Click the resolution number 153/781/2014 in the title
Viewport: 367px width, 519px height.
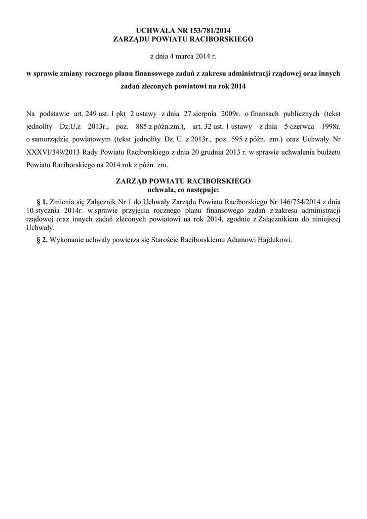point(209,30)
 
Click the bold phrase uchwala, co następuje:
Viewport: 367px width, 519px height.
point(183,190)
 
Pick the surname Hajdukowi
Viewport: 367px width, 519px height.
point(273,240)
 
